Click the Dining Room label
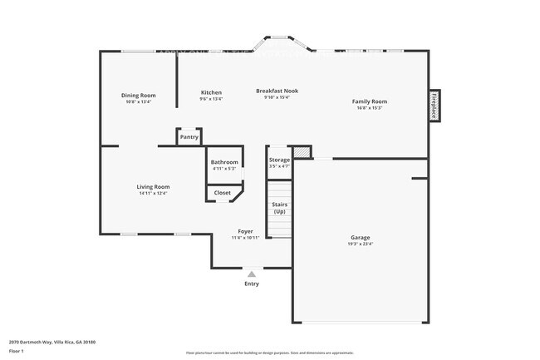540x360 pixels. (139, 96)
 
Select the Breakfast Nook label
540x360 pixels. (277, 91)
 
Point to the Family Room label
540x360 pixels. (370, 101)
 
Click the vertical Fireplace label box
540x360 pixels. (434, 105)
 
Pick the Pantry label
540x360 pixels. (189, 137)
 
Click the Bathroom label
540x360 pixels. (224, 162)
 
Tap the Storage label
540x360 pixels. (279, 160)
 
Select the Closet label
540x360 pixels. (223, 193)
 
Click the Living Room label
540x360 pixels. (153, 187)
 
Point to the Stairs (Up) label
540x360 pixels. (279, 208)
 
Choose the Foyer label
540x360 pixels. (245, 231)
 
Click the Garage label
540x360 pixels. (360, 238)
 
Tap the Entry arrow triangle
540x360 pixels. (252, 272)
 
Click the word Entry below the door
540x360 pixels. (252, 284)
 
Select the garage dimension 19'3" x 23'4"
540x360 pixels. (360, 244)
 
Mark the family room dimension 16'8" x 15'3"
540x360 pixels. (370, 108)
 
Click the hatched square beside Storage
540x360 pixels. (302, 152)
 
